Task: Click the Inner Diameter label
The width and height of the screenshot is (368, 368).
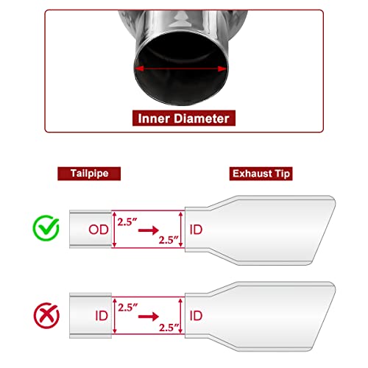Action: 183,118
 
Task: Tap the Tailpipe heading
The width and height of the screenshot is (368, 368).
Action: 89,173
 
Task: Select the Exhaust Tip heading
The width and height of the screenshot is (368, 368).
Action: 261,174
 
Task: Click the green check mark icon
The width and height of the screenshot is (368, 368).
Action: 46,228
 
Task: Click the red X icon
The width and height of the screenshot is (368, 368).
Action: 46,316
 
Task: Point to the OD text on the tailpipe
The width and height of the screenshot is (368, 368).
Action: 99,230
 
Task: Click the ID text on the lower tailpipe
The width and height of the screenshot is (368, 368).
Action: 102,316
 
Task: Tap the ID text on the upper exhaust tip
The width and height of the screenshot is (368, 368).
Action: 196,230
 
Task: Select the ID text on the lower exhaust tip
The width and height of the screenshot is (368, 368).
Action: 196,316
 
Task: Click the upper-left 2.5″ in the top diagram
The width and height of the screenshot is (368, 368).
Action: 127,222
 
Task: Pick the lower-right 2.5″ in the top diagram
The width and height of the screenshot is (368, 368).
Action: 169,240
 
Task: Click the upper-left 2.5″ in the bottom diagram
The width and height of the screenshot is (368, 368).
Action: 127,308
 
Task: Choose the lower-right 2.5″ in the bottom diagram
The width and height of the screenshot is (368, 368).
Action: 169,328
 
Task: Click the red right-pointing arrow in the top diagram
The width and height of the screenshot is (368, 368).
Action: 149,230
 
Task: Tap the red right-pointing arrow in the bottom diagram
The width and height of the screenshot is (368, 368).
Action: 149,316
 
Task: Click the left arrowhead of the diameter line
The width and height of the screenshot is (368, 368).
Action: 139,68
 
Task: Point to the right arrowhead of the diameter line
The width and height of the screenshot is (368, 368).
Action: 222,69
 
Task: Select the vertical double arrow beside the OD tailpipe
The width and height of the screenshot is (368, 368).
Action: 114,230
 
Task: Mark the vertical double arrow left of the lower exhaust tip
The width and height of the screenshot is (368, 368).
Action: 181,316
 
